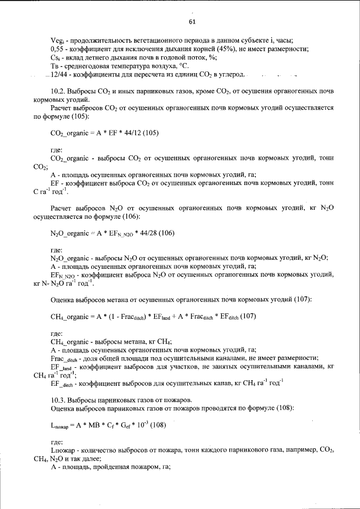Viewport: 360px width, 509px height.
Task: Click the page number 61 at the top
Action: [191, 22]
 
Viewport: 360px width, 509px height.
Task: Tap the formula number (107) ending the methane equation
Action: [246, 316]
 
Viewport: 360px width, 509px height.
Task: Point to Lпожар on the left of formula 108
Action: [60, 426]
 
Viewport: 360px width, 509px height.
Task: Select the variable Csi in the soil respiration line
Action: [55, 58]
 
